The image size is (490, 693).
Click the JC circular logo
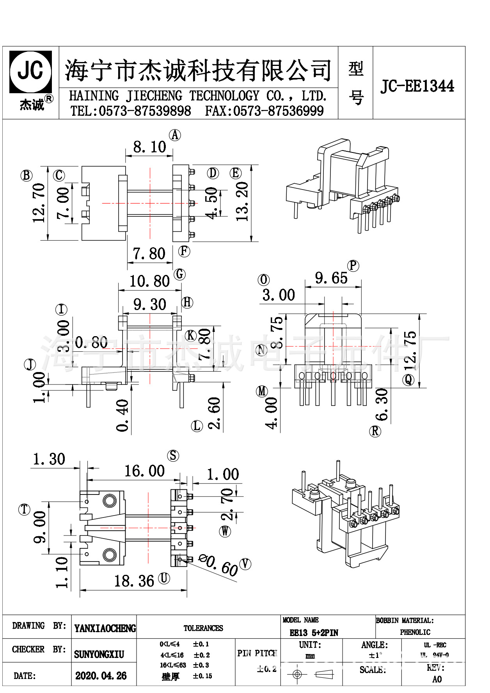[30, 71]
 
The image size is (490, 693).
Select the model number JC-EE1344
[417, 86]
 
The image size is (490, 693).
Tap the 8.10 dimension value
[149, 147]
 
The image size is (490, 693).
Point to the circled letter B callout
[26, 175]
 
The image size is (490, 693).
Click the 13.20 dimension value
[242, 202]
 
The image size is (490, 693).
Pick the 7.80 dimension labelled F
[149, 254]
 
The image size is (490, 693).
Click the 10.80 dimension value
[149, 281]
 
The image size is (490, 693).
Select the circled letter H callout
[187, 302]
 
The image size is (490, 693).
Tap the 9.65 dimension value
[331, 278]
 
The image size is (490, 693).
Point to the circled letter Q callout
[408, 379]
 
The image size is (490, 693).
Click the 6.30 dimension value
[382, 404]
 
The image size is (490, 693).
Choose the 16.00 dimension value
[144, 471]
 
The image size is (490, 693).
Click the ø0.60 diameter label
[218, 564]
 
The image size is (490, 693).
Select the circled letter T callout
[25, 509]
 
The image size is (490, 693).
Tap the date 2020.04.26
[101, 676]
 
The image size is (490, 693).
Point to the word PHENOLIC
[415, 632]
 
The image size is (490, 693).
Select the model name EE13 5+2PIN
[314, 633]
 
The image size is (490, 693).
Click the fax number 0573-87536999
[278, 111]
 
